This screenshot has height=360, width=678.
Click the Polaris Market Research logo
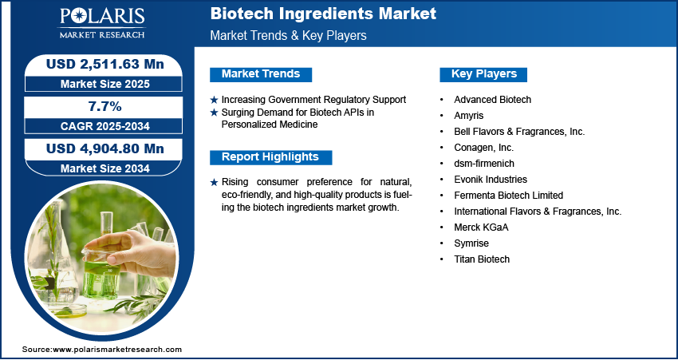(102, 23)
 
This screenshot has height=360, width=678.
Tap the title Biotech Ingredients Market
(323, 14)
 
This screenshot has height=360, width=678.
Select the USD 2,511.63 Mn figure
(105, 64)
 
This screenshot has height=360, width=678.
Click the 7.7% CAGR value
(105, 106)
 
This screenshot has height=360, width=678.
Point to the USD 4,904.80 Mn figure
(105, 148)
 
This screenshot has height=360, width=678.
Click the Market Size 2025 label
(105, 84)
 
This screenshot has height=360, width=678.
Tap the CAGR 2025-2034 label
(105, 126)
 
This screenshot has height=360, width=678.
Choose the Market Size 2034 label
(105, 168)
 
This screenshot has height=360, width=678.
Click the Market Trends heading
(261, 74)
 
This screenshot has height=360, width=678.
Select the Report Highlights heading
(270, 157)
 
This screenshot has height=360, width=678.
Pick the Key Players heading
(484, 74)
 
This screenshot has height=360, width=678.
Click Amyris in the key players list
(469, 116)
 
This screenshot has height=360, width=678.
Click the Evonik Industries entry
(491, 179)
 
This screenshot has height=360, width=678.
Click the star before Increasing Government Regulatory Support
(214, 100)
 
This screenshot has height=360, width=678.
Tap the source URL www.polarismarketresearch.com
(117, 350)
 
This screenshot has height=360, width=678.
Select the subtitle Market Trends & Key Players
(289, 35)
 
